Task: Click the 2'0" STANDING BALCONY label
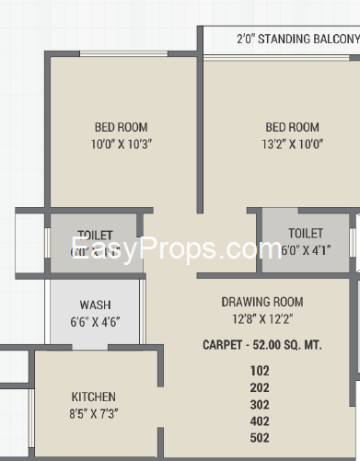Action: pyautogui.click(x=296, y=40)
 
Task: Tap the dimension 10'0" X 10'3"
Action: pyautogui.click(x=121, y=144)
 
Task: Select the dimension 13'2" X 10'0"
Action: pyautogui.click(x=292, y=144)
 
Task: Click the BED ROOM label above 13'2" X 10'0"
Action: pyautogui.click(x=292, y=128)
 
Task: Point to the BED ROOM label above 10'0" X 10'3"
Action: pyautogui.click(x=121, y=128)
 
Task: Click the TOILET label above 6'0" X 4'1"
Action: pyautogui.click(x=305, y=234)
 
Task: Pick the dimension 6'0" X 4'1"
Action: pyautogui.click(x=305, y=250)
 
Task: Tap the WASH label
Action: pyautogui.click(x=95, y=305)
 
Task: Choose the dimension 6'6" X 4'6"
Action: pyautogui.click(x=95, y=322)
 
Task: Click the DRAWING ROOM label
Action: pyautogui.click(x=261, y=302)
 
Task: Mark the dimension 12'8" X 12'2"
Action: pyautogui.click(x=261, y=319)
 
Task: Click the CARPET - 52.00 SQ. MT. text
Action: pyautogui.click(x=261, y=345)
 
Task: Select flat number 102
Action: pyautogui.click(x=260, y=372)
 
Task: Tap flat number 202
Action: pyautogui.click(x=260, y=388)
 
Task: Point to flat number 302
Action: pyautogui.click(x=260, y=405)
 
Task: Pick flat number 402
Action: pyautogui.click(x=260, y=421)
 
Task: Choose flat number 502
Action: pyautogui.click(x=260, y=438)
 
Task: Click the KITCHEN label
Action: pyautogui.click(x=94, y=397)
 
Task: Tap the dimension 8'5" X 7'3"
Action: pyautogui.click(x=94, y=414)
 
